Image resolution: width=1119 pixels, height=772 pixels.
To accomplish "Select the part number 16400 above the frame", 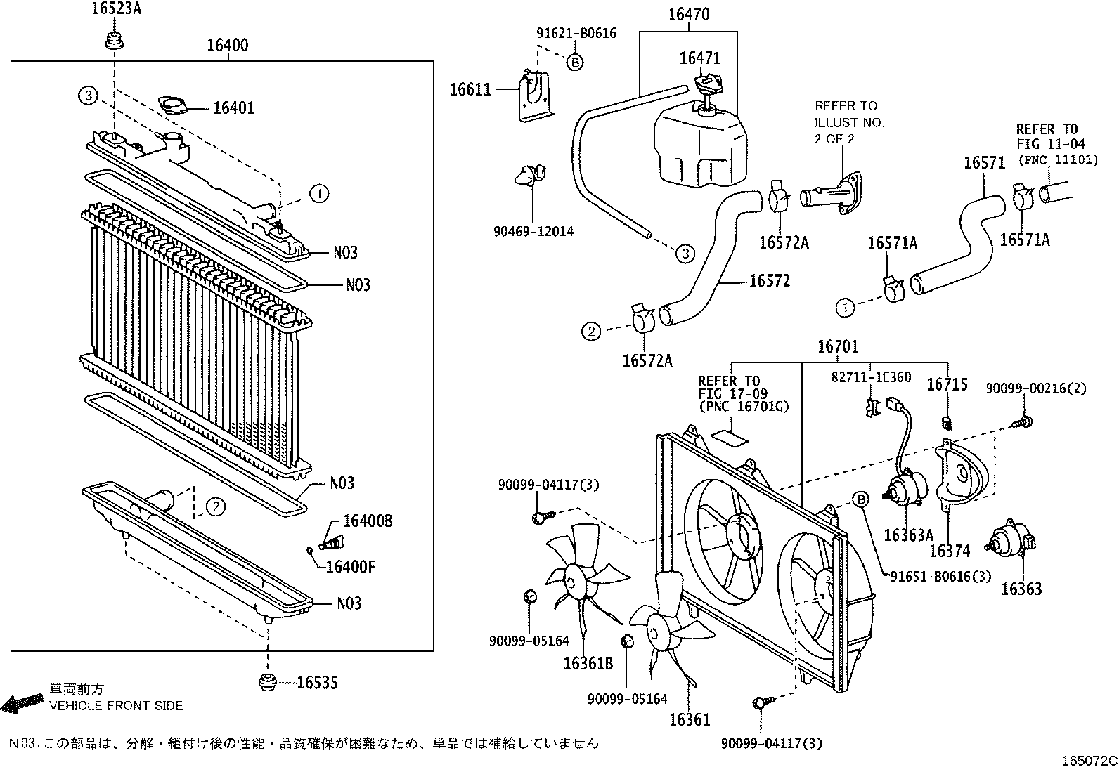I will [227, 46].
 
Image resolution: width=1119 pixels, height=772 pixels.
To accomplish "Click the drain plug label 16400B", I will [367, 521].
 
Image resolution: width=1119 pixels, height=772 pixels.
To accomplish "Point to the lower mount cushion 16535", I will [268, 681].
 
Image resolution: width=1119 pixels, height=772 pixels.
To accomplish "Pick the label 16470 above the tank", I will [688, 14].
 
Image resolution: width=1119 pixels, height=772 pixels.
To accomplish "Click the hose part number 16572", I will [769, 281].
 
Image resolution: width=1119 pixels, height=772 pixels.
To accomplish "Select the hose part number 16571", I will [984, 163].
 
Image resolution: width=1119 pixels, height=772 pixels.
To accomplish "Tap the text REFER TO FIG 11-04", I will [1047, 137].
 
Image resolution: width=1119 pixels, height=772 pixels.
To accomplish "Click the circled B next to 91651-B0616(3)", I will [860, 499].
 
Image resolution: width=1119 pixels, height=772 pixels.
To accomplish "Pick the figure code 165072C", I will [1089, 761].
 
